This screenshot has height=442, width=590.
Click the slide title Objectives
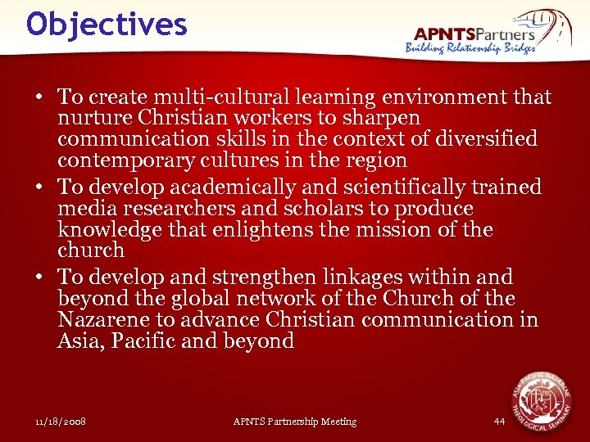pyautogui.click(x=107, y=25)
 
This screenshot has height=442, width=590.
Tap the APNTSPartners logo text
pyautogui.click(x=474, y=34)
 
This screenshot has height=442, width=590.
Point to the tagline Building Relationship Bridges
pyautogui.click(x=470, y=48)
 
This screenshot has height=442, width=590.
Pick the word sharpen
pyautogui.click(x=379, y=119)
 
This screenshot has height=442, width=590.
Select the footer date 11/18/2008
pyautogui.click(x=61, y=422)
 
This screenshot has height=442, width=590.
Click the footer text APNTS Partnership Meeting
pyautogui.click(x=295, y=422)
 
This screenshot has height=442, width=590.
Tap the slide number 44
pyautogui.click(x=500, y=422)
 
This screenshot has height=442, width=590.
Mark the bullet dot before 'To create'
pyautogui.click(x=39, y=98)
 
